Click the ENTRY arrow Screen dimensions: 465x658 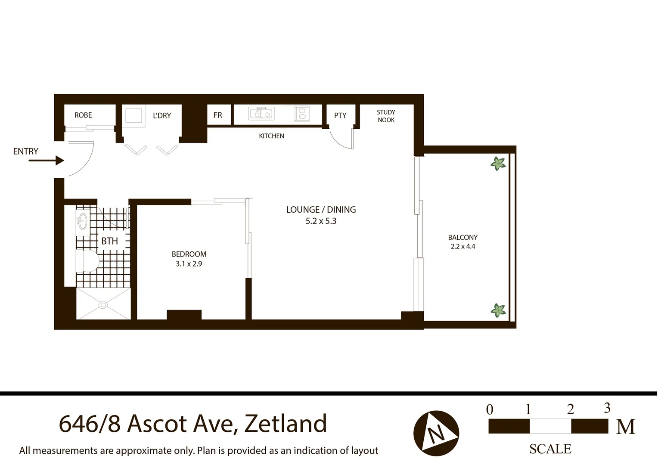pos(47,161)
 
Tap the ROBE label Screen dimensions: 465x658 pos(83,115)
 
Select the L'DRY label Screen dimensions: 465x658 pos(162,115)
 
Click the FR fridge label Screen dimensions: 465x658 pos(217,115)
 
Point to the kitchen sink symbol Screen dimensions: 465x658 pos(261,114)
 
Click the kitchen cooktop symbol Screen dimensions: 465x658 pos(301,114)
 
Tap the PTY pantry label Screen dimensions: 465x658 pos(340,115)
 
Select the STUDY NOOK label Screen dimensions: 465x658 pos(386,116)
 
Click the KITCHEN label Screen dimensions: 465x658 pos(271,136)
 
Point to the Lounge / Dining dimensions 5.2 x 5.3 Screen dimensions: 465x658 pos(321,221)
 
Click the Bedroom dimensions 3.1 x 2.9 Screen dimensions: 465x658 pos(189,264)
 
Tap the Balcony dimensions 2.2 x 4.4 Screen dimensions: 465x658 pos(463,247)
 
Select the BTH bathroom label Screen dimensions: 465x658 pos(109,241)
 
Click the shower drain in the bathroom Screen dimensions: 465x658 pos(103,305)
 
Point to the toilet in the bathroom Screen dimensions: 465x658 pos(88,261)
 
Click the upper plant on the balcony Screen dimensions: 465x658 pos(498,164)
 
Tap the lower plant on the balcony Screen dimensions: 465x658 pos(498,310)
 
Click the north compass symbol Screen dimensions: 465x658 pos(436,433)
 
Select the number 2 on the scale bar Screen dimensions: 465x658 pos(570,409)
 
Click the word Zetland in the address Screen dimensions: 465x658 pos(286,424)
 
